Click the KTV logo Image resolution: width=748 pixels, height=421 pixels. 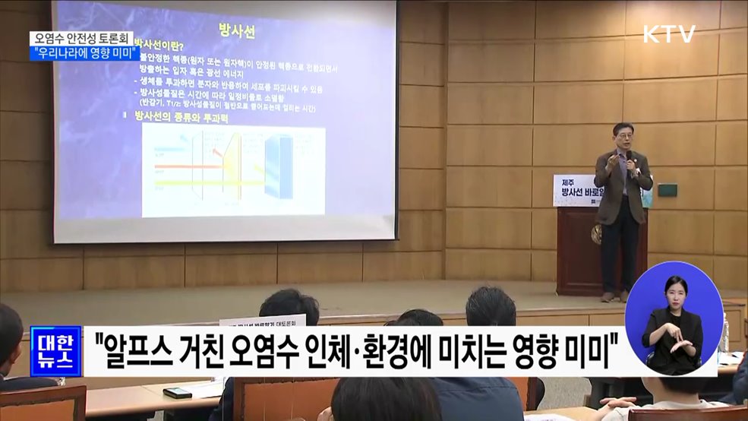(669, 34)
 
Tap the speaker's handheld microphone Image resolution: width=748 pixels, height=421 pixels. (628, 157)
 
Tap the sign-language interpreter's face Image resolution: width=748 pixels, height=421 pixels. (674, 290)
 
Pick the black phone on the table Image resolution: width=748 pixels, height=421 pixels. (177, 393)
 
